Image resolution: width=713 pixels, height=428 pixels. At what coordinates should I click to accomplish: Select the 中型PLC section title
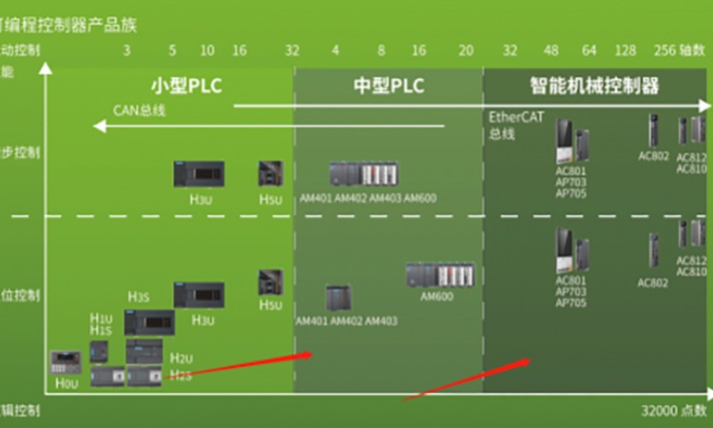point(389,87)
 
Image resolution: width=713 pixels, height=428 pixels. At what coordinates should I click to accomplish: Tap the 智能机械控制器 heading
point(594,87)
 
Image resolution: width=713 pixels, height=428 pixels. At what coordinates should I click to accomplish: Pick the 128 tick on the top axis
point(625,50)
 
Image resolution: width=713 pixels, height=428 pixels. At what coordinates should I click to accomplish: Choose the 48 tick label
point(550,50)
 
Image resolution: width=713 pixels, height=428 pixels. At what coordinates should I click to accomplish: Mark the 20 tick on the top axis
point(465,50)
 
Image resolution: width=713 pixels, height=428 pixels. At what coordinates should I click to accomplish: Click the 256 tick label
point(665,50)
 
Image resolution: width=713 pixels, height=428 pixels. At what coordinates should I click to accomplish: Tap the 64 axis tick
point(588,50)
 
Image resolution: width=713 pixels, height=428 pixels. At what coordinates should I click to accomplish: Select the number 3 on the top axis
point(127,50)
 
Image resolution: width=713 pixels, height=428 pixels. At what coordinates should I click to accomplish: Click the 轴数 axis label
point(697,50)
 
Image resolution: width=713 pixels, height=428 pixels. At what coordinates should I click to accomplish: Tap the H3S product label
point(139,296)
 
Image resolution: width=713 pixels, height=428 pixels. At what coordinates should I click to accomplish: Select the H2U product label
point(181,359)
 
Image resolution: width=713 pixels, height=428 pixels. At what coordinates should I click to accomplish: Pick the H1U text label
point(101,318)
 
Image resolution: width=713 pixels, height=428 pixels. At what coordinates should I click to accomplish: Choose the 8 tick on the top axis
point(381,50)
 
